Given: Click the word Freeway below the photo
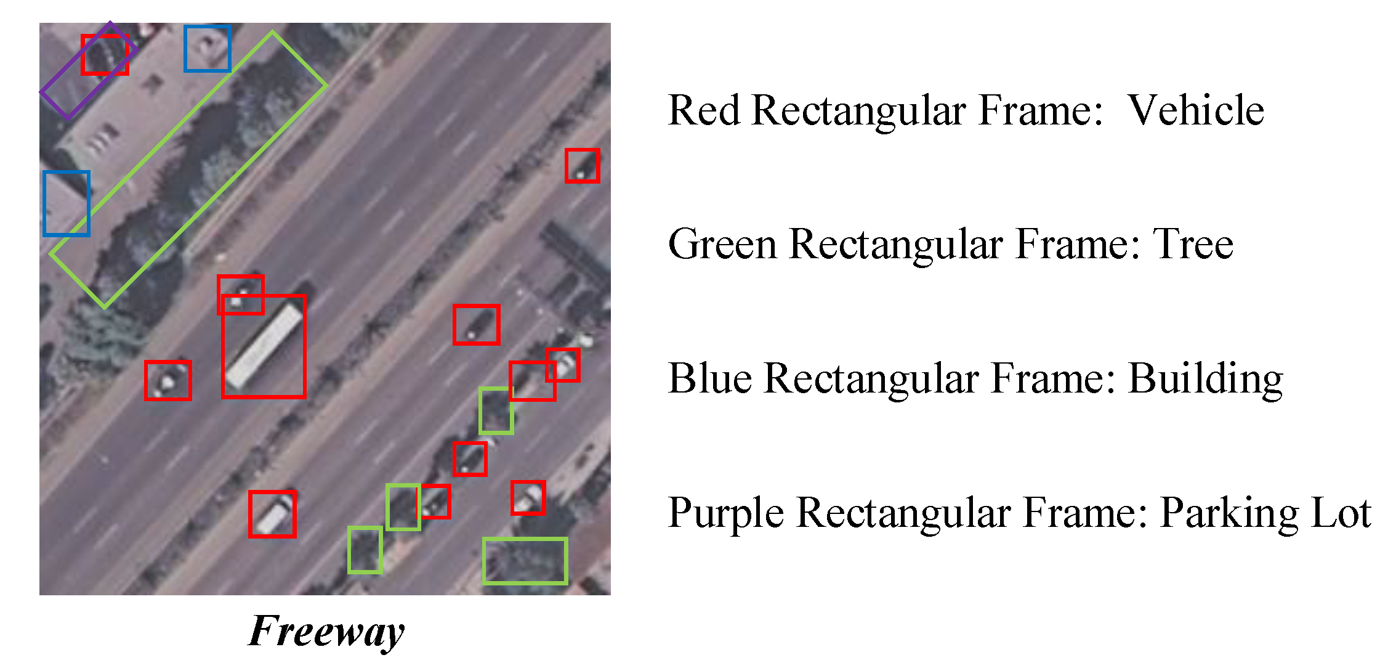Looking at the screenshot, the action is tap(326, 631).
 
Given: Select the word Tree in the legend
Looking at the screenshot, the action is tap(1193, 244).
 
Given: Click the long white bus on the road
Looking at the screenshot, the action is tap(264, 347).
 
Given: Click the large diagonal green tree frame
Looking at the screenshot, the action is tap(188, 169).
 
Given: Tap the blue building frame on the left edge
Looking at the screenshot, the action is tap(67, 203).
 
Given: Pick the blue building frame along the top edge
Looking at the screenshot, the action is tap(208, 48).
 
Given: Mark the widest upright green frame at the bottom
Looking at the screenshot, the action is tap(525, 561).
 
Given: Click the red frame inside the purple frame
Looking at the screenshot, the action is tap(105, 55).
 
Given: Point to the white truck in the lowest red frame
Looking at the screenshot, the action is tap(272, 515).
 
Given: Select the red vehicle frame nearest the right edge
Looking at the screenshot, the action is tap(582, 165).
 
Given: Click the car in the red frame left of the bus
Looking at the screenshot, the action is tap(167, 380).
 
